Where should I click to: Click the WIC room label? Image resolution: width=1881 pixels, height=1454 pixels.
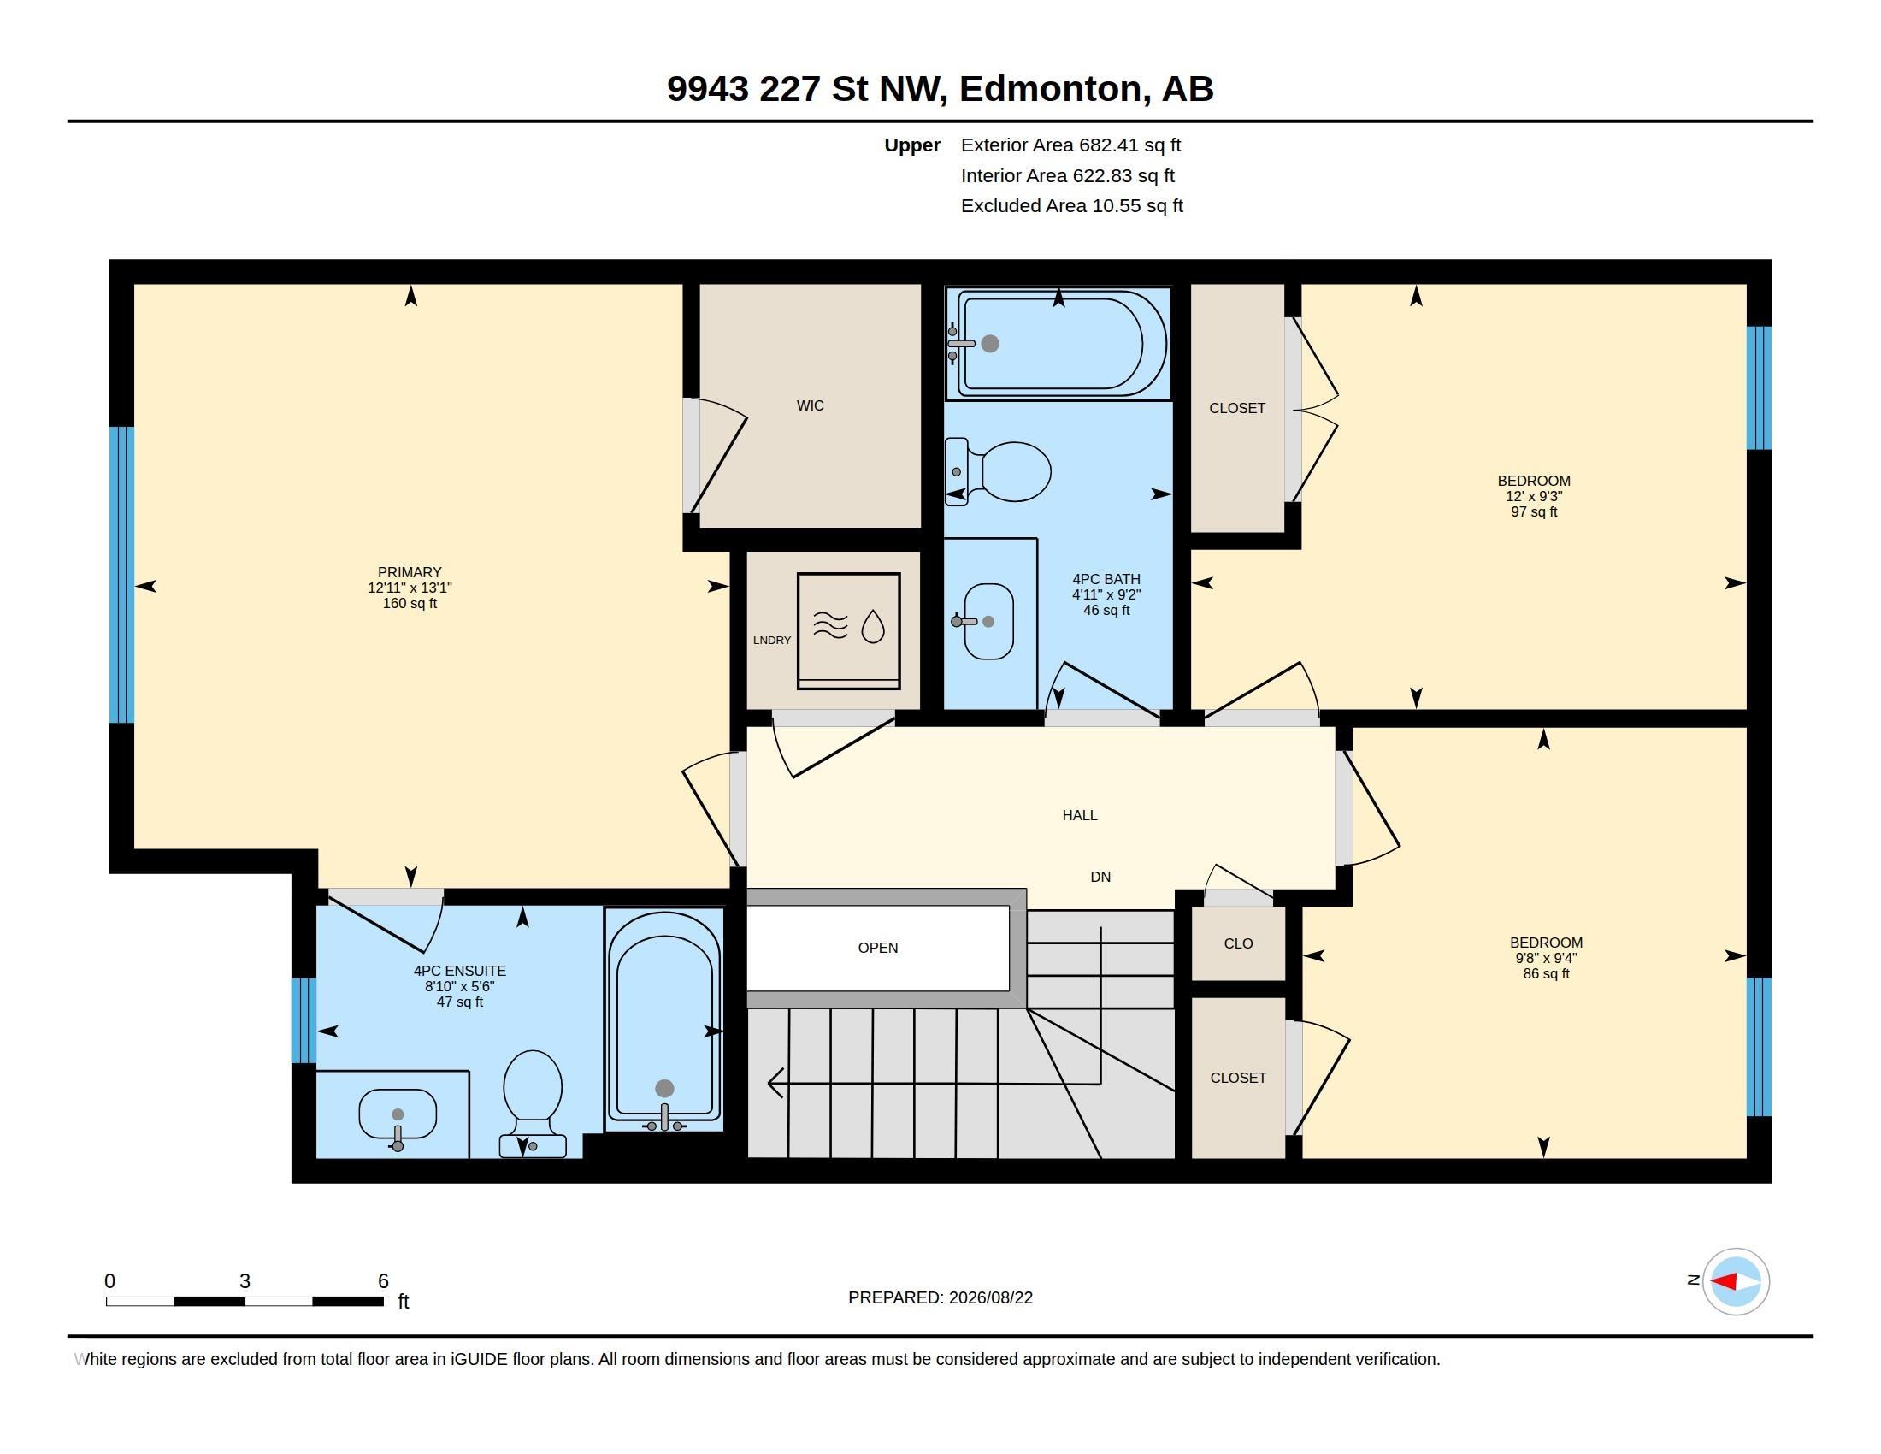810,405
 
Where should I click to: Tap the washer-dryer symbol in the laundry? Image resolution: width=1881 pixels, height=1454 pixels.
848,630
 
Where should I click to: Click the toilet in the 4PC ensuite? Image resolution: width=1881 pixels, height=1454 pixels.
533,1103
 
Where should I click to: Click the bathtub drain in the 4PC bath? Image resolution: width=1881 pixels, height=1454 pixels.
990,344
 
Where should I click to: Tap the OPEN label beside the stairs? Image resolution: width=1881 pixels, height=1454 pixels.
877,948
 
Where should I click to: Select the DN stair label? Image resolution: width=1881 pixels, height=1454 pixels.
1100,877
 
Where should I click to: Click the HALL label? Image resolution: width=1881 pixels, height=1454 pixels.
1079,815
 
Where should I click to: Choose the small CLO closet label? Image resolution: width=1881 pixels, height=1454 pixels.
1238,943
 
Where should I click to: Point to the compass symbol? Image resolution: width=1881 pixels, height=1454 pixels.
1736,1281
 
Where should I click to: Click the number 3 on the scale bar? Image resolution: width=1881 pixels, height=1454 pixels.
245,1281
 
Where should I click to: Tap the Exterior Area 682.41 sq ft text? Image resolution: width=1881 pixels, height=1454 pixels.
1070,145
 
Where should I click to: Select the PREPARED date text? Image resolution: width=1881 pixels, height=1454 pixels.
940,1297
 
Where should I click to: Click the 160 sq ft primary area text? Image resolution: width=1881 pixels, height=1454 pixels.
410,603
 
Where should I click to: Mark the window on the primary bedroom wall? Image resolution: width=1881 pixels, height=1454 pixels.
122,575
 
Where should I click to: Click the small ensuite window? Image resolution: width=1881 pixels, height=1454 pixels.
304,1020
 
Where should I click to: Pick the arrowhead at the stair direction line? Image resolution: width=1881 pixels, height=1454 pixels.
775,1083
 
